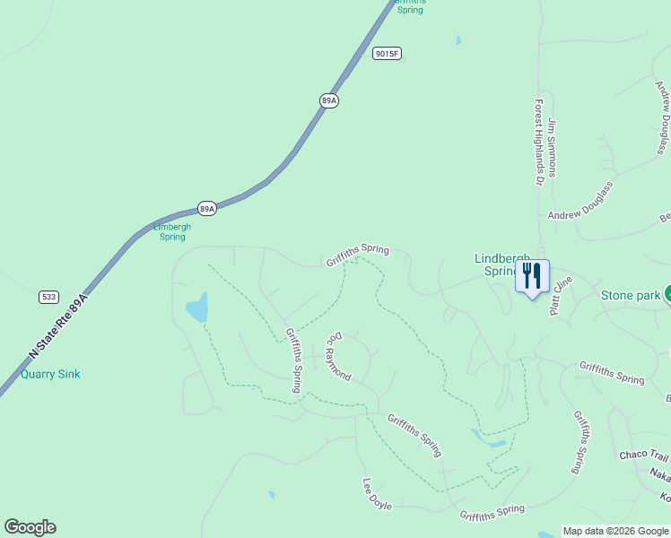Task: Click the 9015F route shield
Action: tap(387, 54)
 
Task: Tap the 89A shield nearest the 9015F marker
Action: tap(328, 100)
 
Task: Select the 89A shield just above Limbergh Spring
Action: tap(207, 209)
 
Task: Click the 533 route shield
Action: tap(48, 296)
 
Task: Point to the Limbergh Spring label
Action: tap(172, 231)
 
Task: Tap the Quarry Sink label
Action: tap(50, 374)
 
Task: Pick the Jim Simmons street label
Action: tap(553, 147)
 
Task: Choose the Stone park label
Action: tap(630, 294)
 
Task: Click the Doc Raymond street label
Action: tap(337, 357)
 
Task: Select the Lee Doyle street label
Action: tap(377, 493)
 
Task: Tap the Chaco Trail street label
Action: tap(644, 456)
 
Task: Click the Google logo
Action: tap(30, 527)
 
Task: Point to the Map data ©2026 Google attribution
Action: tap(615, 531)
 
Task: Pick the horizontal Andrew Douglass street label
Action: tap(580, 214)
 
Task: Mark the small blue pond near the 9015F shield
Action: tap(458, 40)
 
